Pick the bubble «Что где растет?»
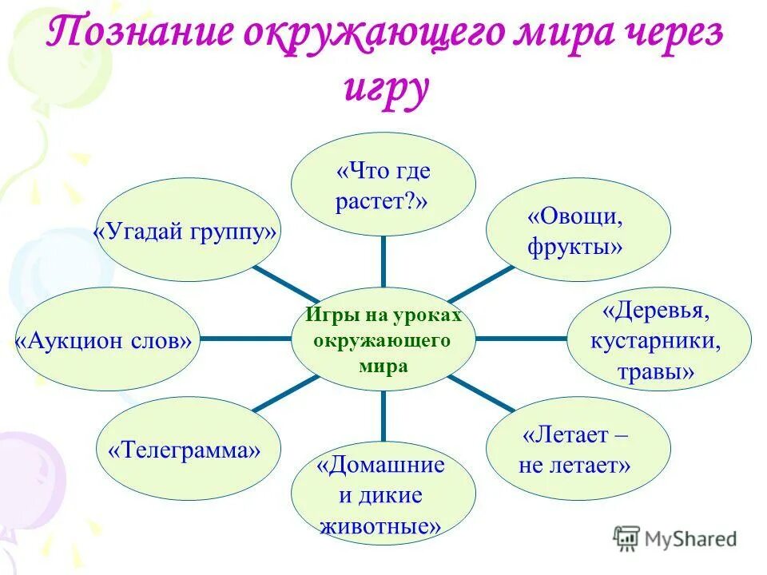coord(383,184)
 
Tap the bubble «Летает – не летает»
coord(578,450)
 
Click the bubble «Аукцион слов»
coord(107,340)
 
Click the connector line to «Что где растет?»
coord(383,262)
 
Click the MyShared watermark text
coord(692,539)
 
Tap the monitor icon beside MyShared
coord(628,539)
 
